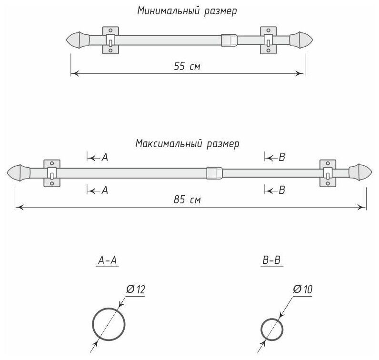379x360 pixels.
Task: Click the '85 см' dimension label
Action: pos(188,200)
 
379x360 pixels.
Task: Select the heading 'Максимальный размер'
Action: pos(187,143)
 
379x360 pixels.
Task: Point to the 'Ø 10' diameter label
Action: pos(303,289)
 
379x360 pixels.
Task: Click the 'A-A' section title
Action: pos(108,260)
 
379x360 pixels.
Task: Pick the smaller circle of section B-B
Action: pos(273,329)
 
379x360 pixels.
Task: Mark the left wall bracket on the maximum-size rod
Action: pos(51,172)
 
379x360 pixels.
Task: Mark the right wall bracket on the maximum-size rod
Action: pos(328,172)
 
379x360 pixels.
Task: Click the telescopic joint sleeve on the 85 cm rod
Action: pos(214,172)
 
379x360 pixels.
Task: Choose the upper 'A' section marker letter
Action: pos(105,157)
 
